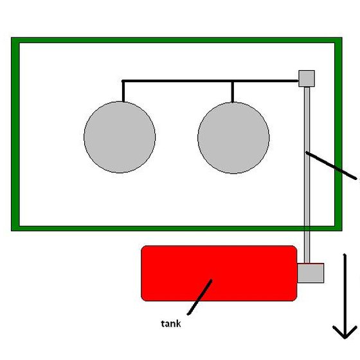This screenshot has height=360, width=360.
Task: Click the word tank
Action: point(171,324)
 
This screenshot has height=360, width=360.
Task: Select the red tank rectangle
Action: point(219,273)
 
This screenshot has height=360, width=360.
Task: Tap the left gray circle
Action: point(120,137)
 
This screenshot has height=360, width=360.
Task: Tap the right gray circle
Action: point(233,138)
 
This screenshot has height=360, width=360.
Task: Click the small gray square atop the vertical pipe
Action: point(307,78)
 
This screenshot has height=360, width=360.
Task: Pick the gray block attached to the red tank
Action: point(310,273)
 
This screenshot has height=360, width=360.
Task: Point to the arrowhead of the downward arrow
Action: point(345,337)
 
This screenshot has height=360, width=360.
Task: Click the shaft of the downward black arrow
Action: point(345,296)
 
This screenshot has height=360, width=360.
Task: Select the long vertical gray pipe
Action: point(307,175)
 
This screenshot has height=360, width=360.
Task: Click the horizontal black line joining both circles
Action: point(210,81)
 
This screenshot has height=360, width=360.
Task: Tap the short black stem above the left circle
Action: point(123,91)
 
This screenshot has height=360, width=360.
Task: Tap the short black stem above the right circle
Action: point(233,92)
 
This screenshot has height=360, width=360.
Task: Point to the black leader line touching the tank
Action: point(200,297)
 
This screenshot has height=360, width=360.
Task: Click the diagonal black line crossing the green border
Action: point(331,165)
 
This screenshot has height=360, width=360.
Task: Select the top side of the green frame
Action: point(177,40)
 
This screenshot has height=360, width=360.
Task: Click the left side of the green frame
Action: point(15,134)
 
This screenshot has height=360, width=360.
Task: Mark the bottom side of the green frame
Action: point(177,228)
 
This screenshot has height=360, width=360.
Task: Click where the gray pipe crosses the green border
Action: point(307,228)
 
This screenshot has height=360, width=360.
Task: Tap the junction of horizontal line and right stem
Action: point(233,81)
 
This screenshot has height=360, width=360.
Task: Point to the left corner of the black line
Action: point(123,81)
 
